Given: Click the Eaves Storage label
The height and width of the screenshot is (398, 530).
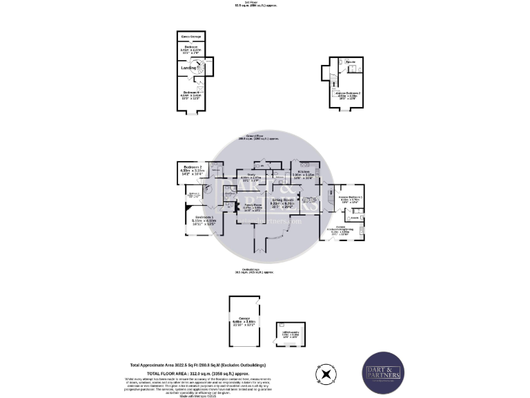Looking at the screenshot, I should tap(190, 36).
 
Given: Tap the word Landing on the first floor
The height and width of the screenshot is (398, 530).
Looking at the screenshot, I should tap(188, 68).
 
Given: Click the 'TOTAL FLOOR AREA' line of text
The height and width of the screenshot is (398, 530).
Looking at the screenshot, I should tap(199, 372).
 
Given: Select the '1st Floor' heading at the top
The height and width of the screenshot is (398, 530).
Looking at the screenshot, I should tap(246, 3).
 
